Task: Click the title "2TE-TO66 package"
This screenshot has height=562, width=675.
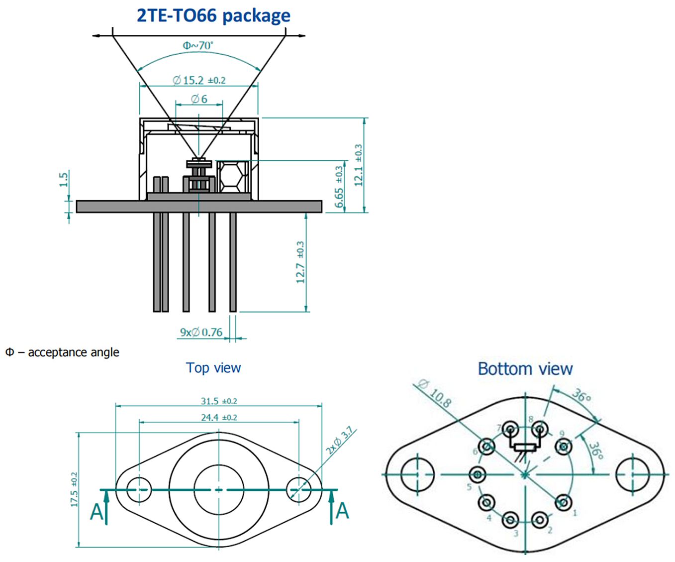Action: tap(213, 15)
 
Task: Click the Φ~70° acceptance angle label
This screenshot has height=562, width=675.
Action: tap(198, 46)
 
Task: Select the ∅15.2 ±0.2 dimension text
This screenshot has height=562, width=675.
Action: tap(199, 80)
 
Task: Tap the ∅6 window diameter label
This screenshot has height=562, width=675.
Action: tap(199, 99)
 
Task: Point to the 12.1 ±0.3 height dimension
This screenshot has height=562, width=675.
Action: tap(358, 165)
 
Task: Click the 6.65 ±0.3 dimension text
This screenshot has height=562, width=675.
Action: tap(339, 187)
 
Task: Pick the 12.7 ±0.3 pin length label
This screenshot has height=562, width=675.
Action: tap(300, 262)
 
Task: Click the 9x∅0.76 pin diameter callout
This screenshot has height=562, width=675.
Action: tap(201, 332)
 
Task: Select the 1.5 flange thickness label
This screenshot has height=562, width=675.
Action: tap(64, 179)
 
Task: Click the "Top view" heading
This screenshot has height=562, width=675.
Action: tap(213, 368)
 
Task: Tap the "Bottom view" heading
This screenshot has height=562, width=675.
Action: tap(525, 369)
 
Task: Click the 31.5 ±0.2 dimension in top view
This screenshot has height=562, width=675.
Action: tap(219, 401)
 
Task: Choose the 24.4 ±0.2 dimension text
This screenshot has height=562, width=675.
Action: tap(219, 417)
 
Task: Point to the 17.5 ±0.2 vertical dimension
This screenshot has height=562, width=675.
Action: tap(74, 490)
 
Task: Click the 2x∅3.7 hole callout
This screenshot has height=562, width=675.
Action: tap(339, 440)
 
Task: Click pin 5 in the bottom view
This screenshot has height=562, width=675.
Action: tap(477, 474)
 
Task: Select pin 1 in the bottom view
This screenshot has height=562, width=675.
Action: tap(563, 502)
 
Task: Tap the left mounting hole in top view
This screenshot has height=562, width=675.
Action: tap(139, 490)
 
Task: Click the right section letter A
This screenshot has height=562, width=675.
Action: tap(342, 511)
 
